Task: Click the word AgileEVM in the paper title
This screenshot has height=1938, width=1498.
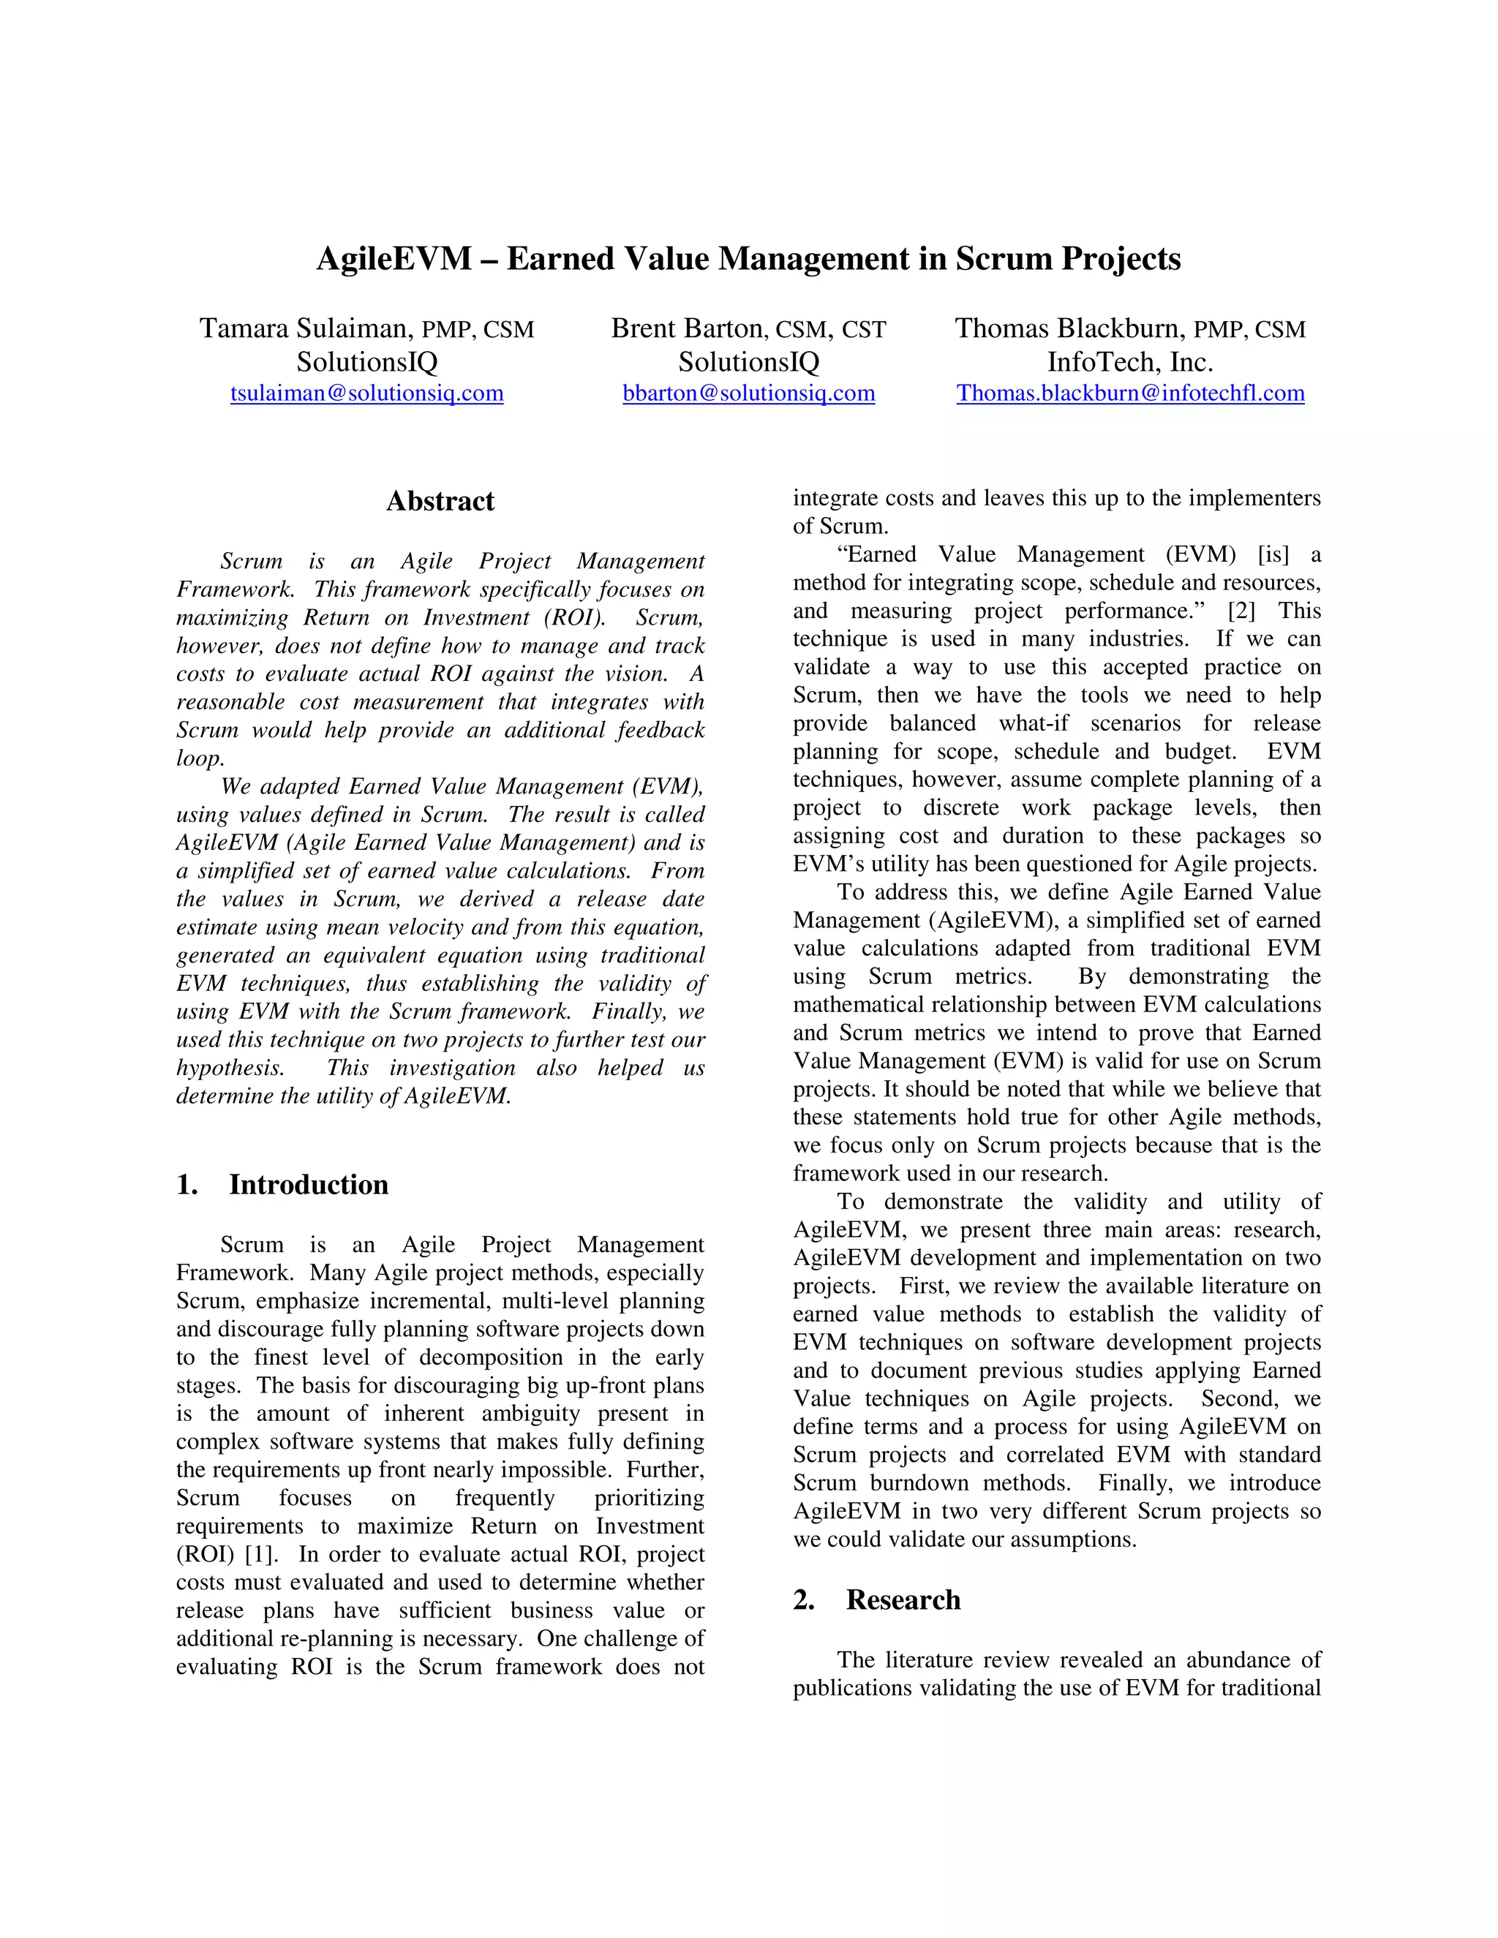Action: pos(394,259)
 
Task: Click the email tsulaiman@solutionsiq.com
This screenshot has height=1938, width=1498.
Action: pos(366,393)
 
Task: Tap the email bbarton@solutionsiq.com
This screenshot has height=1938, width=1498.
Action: pos(748,393)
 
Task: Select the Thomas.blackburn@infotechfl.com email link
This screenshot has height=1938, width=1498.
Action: pos(1129,393)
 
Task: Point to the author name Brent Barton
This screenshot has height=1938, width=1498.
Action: pos(686,329)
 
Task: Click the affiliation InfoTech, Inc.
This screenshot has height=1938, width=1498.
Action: pos(1129,362)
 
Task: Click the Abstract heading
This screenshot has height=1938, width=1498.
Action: pos(440,502)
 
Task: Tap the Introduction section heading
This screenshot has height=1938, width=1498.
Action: pos(308,1185)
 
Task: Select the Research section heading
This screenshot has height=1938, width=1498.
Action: pos(903,1600)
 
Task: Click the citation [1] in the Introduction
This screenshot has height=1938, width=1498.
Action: pos(260,1555)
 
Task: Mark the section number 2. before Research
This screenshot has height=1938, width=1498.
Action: pos(804,1600)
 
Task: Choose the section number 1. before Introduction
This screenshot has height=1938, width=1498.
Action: pos(187,1185)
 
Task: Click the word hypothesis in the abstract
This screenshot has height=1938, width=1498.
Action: pos(229,1068)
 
